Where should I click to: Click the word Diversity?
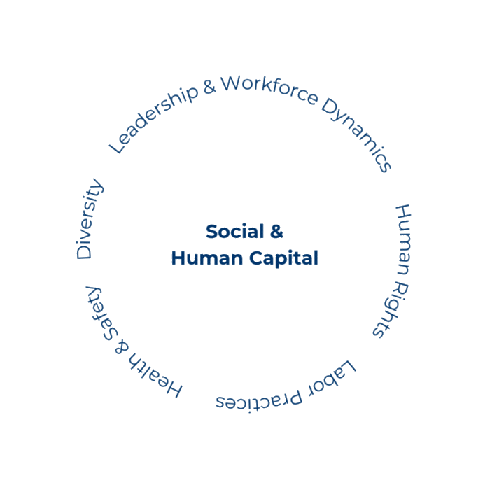[89, 220]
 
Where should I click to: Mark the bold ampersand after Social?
[276, 232]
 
